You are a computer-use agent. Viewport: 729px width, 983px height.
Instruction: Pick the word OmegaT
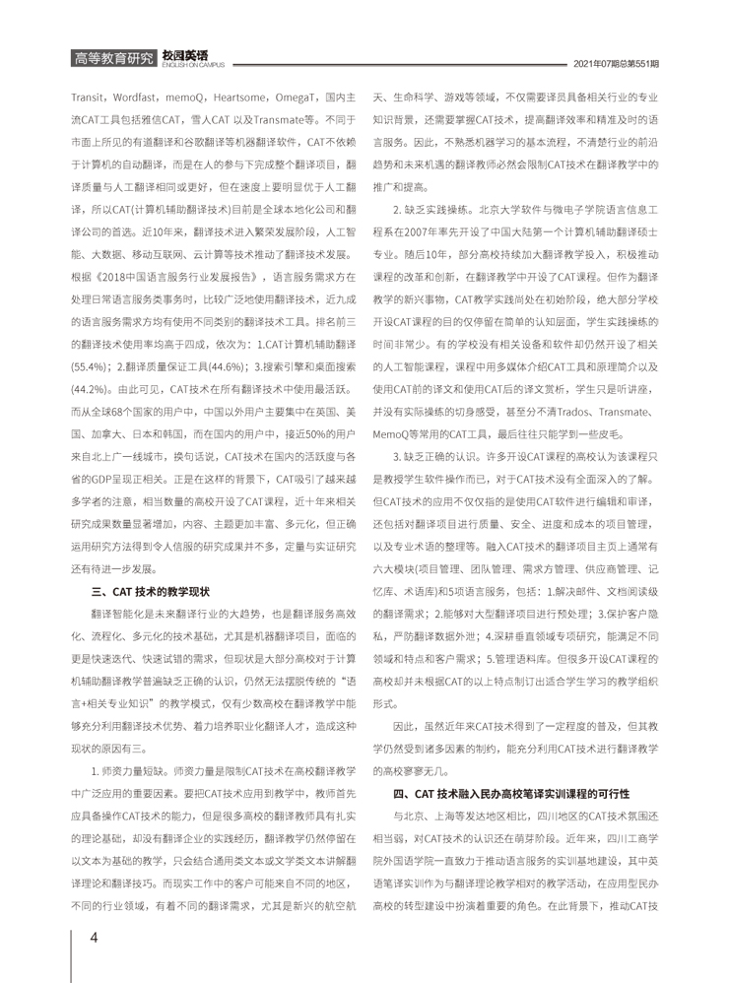point(302,99)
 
